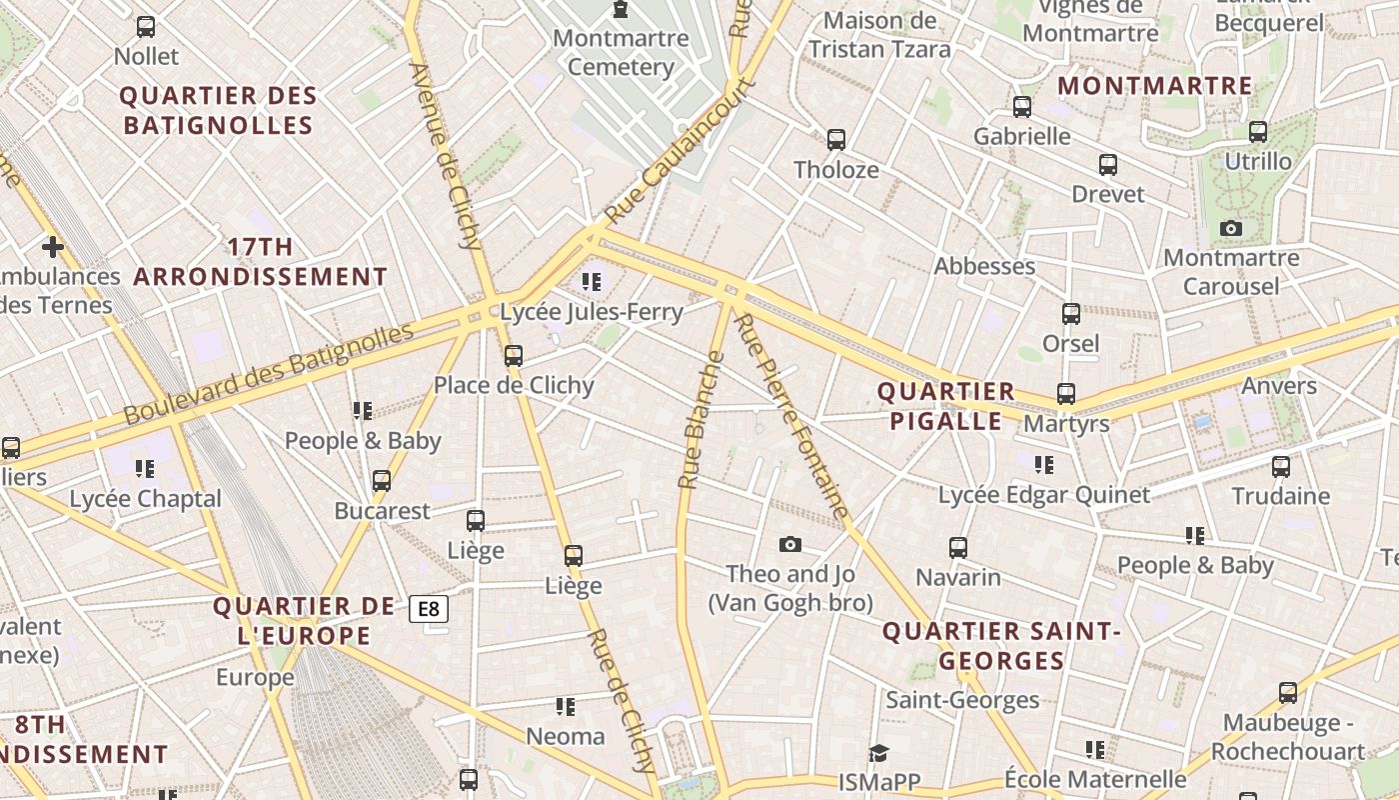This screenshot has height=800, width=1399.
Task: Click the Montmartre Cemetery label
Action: pyautogui.click(x=621, y=53)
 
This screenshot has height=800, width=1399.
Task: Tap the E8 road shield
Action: pyautogui.click(x=428, y=608)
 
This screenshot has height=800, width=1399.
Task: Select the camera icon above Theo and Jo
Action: pyautogui.click(x=790, y=544)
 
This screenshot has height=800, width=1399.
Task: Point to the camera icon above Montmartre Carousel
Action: pyautogui.click(x=1231, y=229)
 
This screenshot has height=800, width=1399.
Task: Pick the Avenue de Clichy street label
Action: pyautogui.click(x=446, y=155)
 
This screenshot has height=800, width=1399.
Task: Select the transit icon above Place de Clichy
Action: pyautogui.click(x=514, y=355)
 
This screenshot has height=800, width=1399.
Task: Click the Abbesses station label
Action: pyautogui.click(x=984, y=266)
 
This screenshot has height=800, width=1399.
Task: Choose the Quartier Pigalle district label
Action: pyautogui.click(x=945, y=406)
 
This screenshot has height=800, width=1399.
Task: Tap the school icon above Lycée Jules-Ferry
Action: pyautogui.click(x=592, y=282)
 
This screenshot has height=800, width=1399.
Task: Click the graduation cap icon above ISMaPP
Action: pyautogui.click(x=878, y=753)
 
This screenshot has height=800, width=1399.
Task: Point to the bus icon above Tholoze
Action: pyautogui.click(x=836, y=140)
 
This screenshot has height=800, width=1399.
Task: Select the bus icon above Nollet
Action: pyautogui.click(x=146, y=27)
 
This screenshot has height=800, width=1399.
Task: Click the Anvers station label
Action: pyautogui.click(x=1279, y=386)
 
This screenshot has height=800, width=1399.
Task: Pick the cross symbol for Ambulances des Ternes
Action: pyautogui.click(x=53, y=246)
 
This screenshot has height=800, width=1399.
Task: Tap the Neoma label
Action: pyautogui.click(x=566, y=737)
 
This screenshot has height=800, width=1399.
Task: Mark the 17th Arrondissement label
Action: pyautogui.click(x=261, y=262)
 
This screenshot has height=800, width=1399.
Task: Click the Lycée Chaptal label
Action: pyautogui.click(x=146, y=499)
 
